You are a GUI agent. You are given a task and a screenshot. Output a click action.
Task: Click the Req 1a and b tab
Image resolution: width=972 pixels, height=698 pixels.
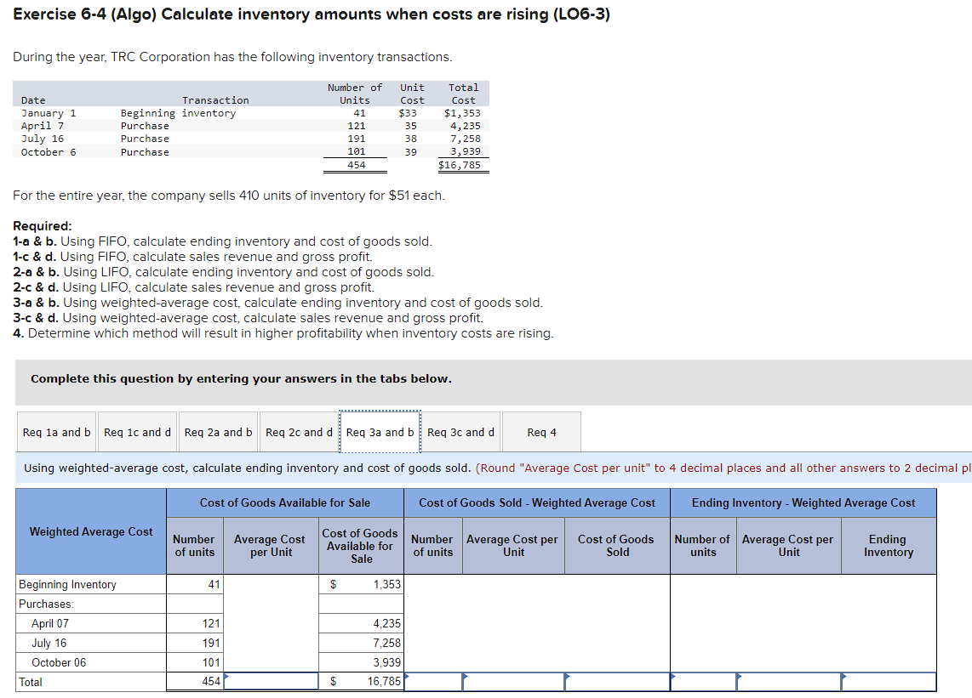point(56,432)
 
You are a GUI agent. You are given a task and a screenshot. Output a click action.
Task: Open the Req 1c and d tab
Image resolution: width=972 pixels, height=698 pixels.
point(137,432)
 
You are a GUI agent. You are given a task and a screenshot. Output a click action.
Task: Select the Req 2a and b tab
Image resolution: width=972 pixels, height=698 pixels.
point(218,432)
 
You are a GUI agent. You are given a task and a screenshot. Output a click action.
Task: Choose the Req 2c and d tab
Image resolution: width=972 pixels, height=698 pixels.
point(299,432)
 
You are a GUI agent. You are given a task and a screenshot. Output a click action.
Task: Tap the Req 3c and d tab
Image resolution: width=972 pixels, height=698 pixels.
point(460,432)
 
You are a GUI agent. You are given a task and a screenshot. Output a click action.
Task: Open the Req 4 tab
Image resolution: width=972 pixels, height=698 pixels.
point(541,432)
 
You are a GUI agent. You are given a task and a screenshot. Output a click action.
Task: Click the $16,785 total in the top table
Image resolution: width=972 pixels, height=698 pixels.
point(460,165)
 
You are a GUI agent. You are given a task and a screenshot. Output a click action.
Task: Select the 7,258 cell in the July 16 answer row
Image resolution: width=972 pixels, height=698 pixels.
point(386,644)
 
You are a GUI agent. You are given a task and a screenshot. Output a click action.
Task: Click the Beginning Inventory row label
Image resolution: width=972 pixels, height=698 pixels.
point(68,585)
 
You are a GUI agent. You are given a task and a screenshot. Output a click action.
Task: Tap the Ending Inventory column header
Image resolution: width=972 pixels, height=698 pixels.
point(889,546)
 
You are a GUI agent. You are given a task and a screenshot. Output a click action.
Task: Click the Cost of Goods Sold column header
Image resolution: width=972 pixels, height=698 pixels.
point(617,546)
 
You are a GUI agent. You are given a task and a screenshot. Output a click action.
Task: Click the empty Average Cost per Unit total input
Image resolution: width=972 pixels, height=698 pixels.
point(271,682)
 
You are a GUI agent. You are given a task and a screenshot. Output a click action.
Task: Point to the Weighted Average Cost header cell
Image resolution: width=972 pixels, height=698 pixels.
point(91,531)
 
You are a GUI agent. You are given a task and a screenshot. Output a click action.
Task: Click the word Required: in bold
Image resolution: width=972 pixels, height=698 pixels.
point(43,226)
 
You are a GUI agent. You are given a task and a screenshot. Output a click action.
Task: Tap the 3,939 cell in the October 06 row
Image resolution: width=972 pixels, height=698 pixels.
point(386,663)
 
